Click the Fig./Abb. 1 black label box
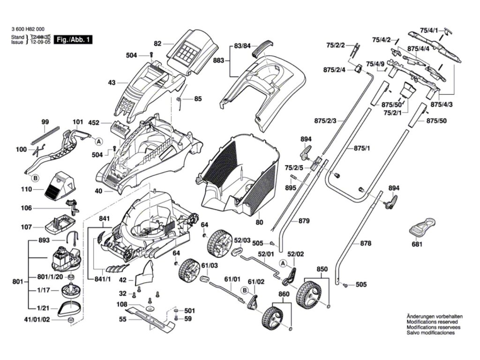(72, 40)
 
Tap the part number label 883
(219, 60)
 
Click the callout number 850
(322, 269)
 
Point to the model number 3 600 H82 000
(28, 30)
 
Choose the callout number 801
(18, 282)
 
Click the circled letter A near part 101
(98, 141)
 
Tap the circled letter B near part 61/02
(244, 290)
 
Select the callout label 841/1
(102, 280)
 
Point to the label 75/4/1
(429, 30)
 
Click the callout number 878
(366, 243)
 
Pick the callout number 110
(26, 189)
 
